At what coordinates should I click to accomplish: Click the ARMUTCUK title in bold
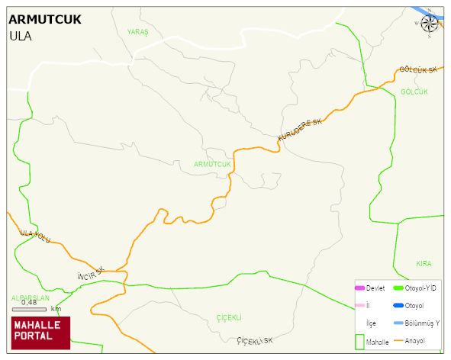pos(45,20)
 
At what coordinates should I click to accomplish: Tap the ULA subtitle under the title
pos(21,35)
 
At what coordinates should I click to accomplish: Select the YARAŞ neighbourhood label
pos(138,31)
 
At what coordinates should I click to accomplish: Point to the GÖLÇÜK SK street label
pos(418,70)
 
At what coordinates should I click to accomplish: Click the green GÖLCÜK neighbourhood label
pos(414,92)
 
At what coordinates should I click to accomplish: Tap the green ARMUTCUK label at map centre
pos(212,164)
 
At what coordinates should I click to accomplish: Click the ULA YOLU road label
pos(35,235)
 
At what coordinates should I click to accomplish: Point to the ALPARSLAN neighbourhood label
pos(30,298)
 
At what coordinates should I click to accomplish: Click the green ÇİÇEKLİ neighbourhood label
pos(229,317)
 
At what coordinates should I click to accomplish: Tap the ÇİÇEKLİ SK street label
pos(254,340)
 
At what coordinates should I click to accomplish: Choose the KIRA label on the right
pos(424,264)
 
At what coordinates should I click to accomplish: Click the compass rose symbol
pos(430,24)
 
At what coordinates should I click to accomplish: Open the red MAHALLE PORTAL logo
pos(40,332)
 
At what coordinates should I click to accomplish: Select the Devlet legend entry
pos(369,288)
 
